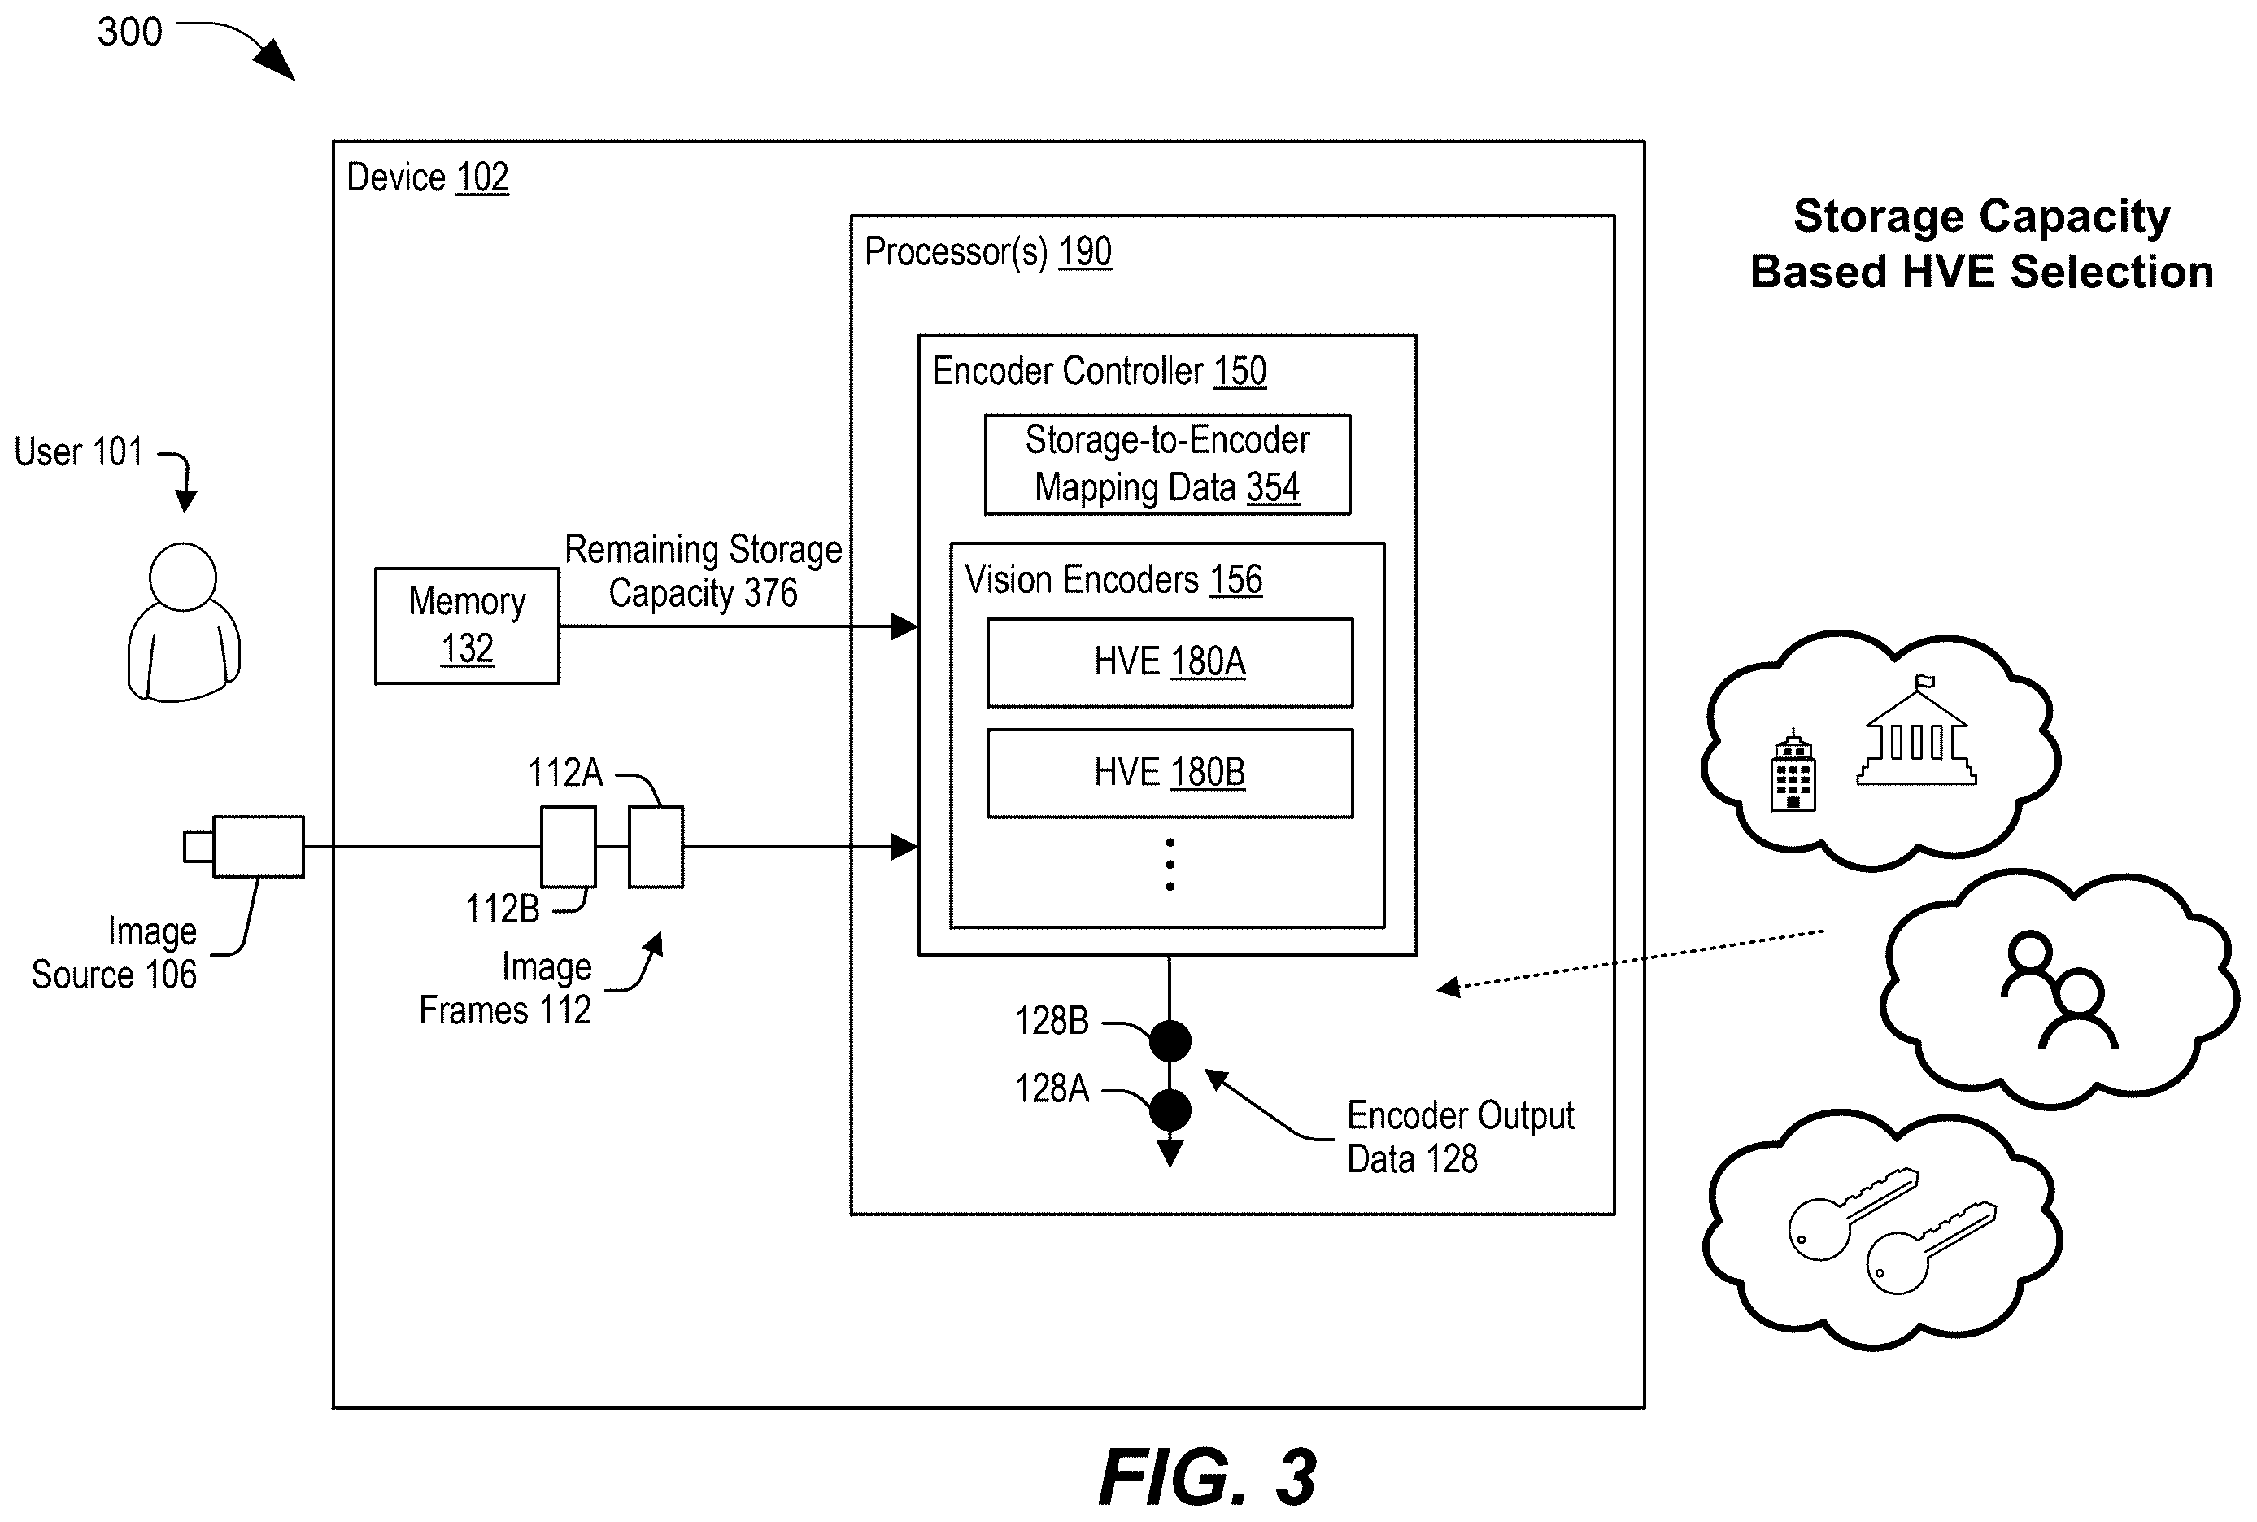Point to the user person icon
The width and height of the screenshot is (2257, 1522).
(183, 622)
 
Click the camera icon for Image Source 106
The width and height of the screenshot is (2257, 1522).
(245, 847)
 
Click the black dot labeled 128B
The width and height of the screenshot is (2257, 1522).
(1170, 1041)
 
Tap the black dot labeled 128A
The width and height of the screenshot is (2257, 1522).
(1170, 1110)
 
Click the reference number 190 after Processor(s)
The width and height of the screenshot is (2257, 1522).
(1085, 252)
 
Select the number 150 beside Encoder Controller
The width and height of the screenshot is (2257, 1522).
(1240, 372)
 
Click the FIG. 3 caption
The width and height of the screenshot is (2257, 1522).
(1208, 1476)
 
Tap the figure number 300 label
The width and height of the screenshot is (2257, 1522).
(129, 32)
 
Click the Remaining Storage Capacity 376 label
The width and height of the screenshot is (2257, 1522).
(704, 571)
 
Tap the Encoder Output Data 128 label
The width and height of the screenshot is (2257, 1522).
(1461, 1136)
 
